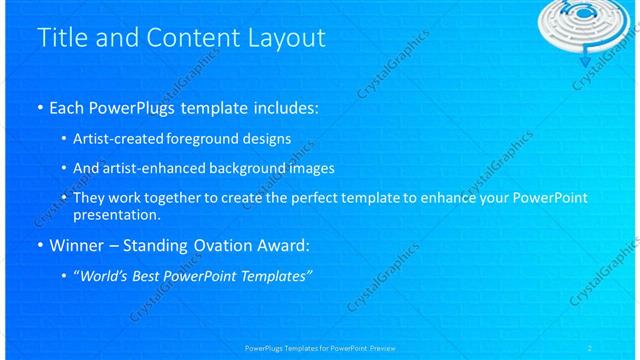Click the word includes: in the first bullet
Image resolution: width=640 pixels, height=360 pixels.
[285, 105]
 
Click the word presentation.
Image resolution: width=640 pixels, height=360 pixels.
[116, 214]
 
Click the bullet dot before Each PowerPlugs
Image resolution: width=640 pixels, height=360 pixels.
[39, 106]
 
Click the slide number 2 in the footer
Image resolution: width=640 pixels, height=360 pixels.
[590, 347]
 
